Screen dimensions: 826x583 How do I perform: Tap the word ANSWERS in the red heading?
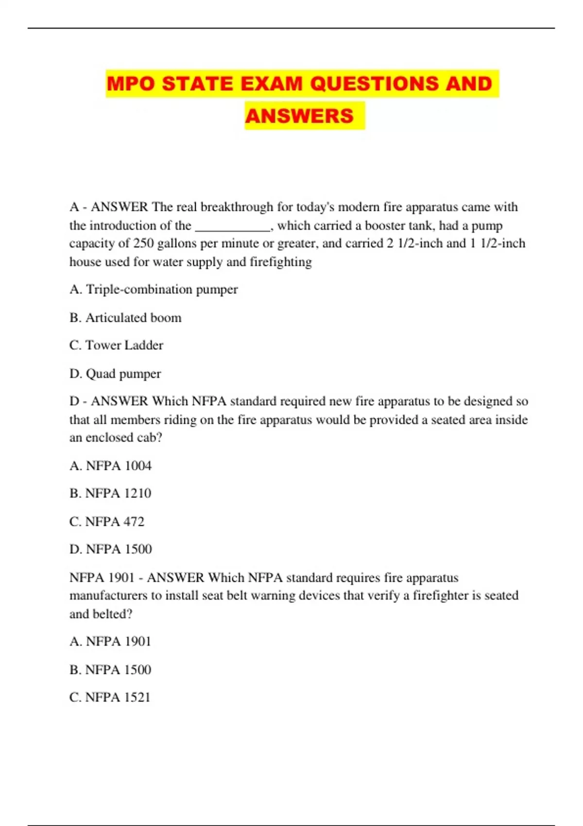[x=299, y=116]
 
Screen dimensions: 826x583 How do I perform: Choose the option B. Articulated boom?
[x=125, y=318]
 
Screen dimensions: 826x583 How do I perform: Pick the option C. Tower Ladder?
[x=116, y=345]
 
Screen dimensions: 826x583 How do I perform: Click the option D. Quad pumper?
[x=115, y=374]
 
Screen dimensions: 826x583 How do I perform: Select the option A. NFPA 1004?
[x=110, y=466]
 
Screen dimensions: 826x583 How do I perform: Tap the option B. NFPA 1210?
[x=110, y=494]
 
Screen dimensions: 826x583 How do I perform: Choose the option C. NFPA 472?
[x=107, y=522]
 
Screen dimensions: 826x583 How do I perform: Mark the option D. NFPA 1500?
[x=111, y=550]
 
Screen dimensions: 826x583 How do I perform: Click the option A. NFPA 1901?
[x=110, y=642]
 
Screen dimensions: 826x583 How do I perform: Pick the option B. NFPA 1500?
[x=110, y=670]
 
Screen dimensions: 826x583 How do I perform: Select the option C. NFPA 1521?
[x=110, y=698]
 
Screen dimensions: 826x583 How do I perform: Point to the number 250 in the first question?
[x=143, y=243]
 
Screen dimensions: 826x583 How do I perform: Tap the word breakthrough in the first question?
[x=237, y=207]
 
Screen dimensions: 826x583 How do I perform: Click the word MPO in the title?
[x=131, y=84]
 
